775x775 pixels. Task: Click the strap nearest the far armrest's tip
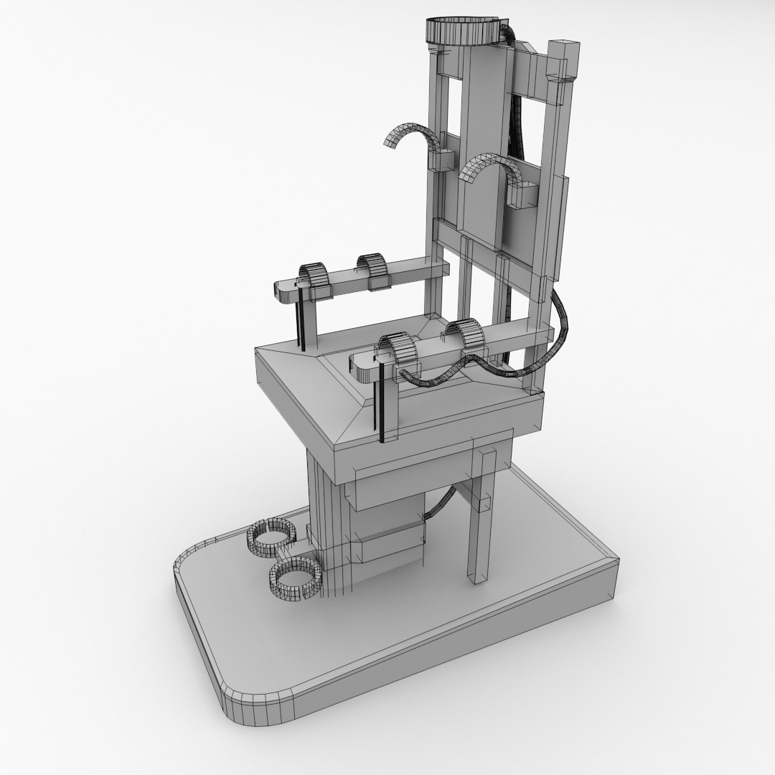point(314,276)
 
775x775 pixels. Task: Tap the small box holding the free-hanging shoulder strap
point(443,160)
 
